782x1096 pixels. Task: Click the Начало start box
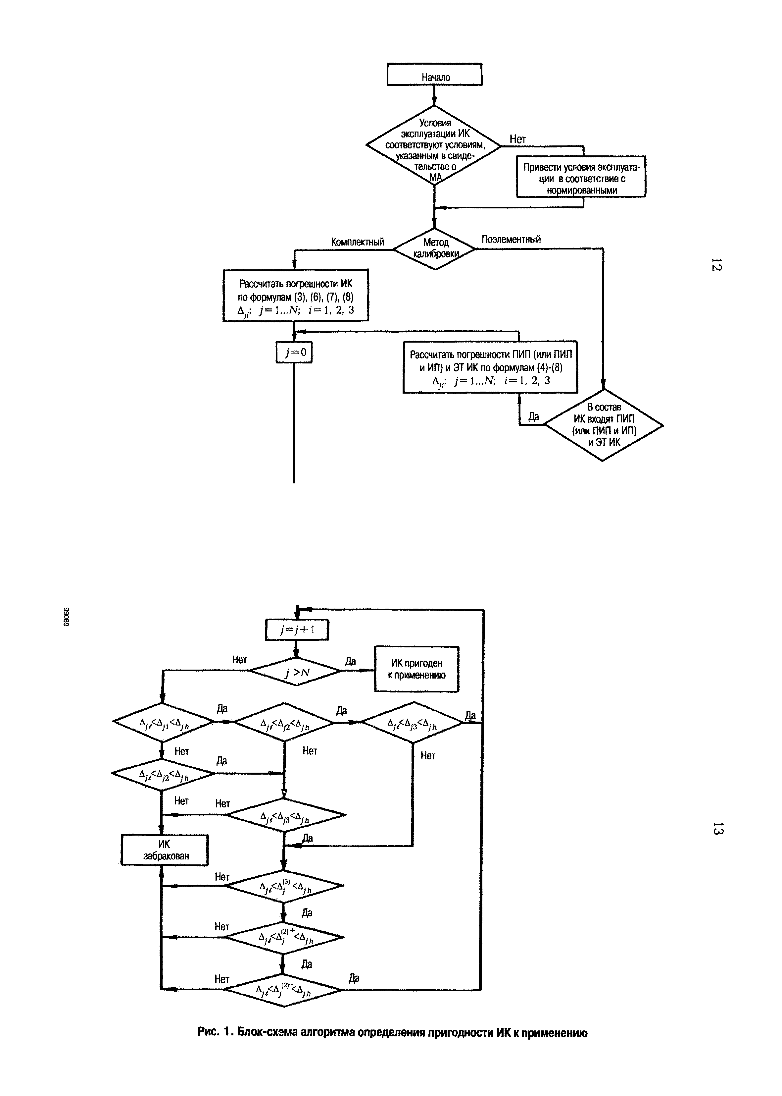(x=434, y=75)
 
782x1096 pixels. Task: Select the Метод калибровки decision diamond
(x=434, y=248)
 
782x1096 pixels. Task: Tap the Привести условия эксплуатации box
(x=581, y=177)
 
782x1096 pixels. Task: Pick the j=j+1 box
(x=297, y=630)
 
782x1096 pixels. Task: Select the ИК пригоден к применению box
(x=416, y=669)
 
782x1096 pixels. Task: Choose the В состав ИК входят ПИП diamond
(x=603, y=424)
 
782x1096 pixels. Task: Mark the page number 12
(x=716, y=265)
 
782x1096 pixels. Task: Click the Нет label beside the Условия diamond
(x=518, y=139)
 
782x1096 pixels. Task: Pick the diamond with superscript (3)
(x=285, y=886)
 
